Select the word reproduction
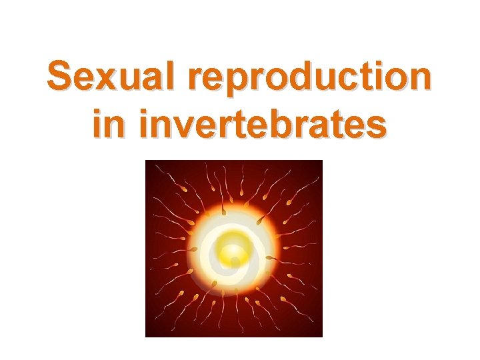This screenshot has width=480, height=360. click(x=310, y=79)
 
